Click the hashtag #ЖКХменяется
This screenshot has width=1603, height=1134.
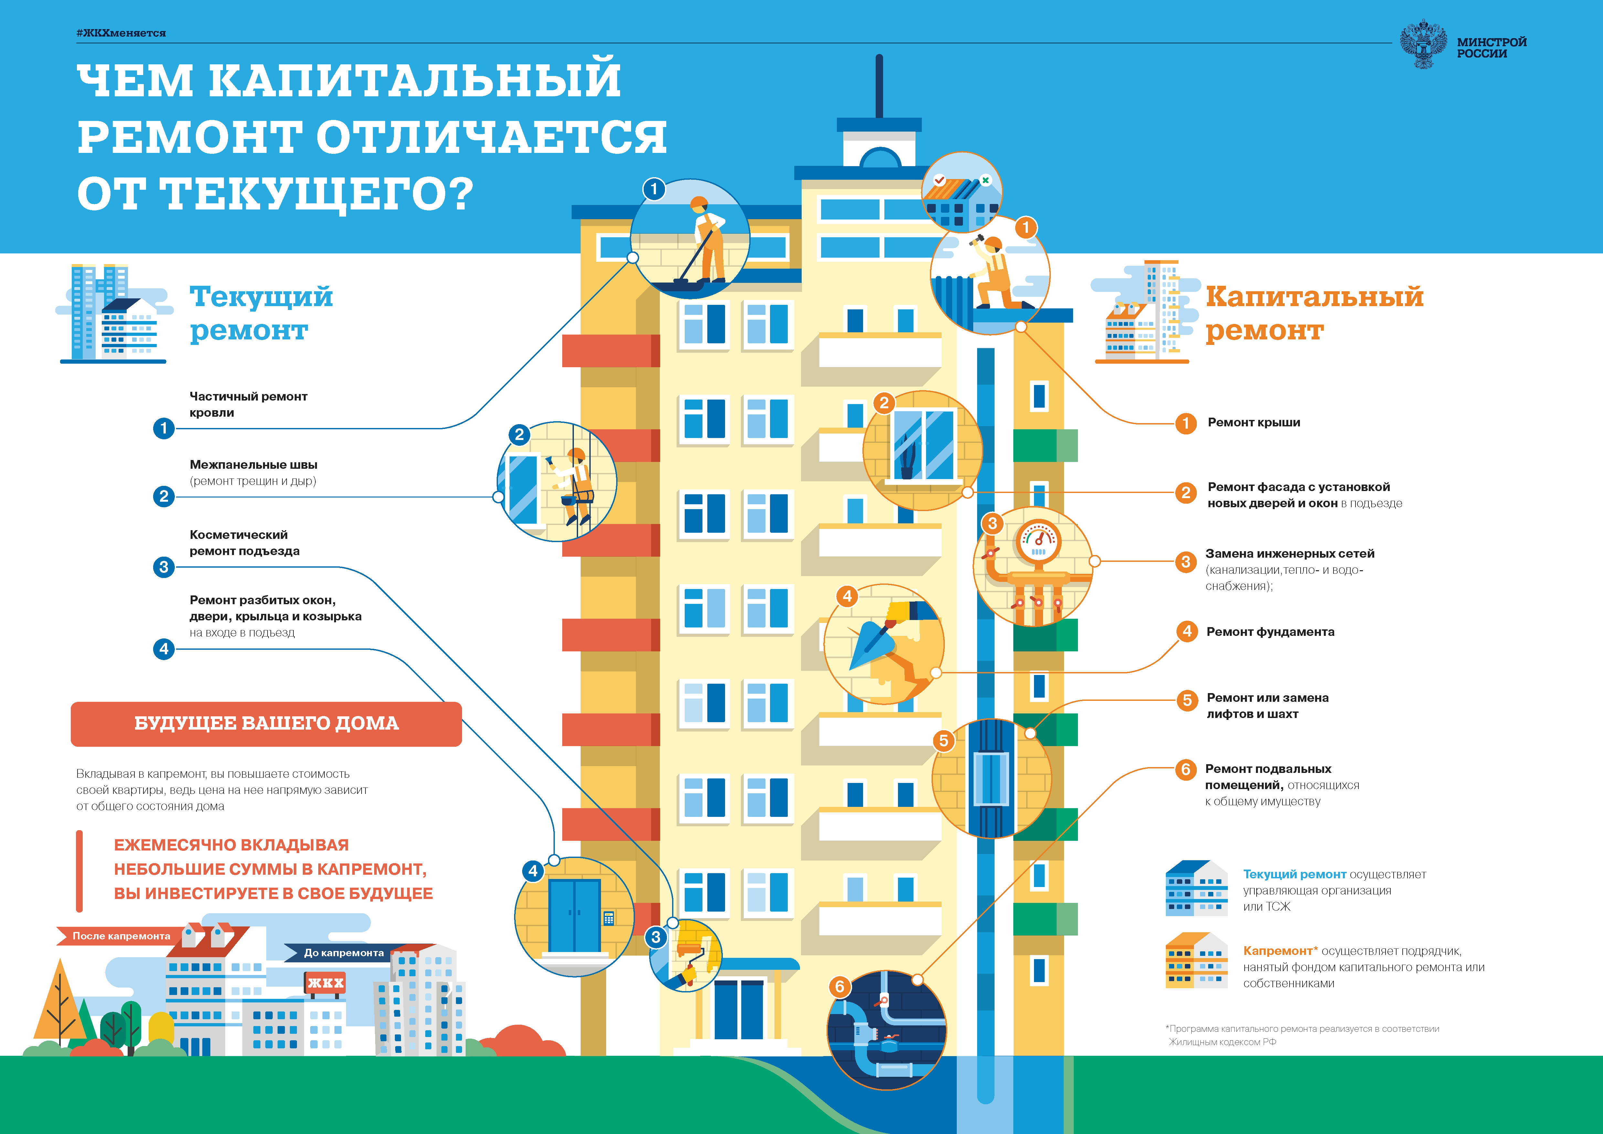[x=121, y=33]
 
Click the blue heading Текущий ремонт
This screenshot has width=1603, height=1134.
[x=261, y=313]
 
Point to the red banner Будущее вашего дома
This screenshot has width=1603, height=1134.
[x=266, y=723]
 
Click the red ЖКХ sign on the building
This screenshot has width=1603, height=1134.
[x=325, y=982]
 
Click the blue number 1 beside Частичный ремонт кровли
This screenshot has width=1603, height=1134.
[x=163, y=428]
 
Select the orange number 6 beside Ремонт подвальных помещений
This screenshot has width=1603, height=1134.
[x=1186, y=769]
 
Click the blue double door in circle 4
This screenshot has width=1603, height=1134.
[x=574, y=915]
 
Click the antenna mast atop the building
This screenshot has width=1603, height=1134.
[x=879, y=87]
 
